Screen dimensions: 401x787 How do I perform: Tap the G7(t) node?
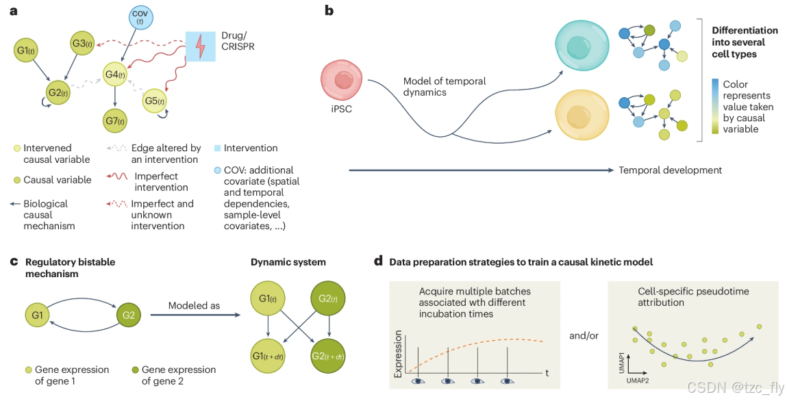[115, 121]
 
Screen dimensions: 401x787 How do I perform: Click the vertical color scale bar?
[714, 105]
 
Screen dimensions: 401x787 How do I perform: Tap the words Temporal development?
[670, 170]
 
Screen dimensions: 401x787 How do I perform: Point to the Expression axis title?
[397, 353]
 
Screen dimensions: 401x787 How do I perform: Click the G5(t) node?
[154, 101]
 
